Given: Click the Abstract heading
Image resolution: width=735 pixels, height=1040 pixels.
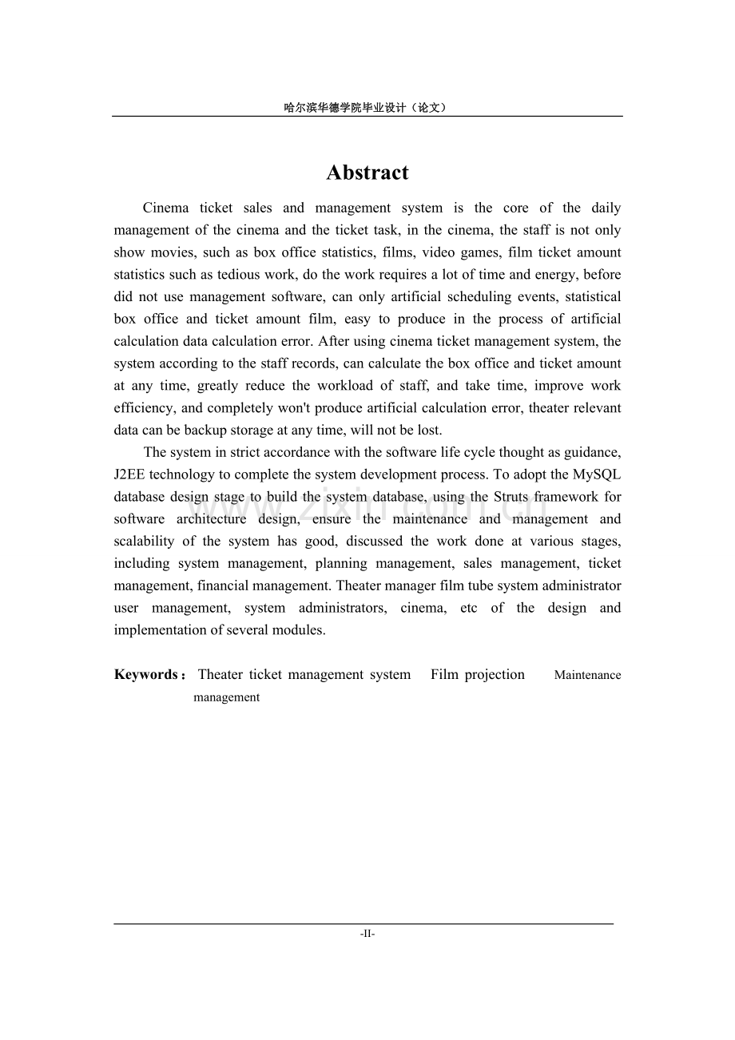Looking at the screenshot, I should coord(367,173).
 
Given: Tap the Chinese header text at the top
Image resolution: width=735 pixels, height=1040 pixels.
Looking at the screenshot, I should coord(367,107).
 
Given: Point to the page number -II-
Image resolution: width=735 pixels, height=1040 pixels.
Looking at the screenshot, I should coord(367,933).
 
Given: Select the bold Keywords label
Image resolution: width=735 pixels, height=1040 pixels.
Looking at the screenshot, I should coord(147,675).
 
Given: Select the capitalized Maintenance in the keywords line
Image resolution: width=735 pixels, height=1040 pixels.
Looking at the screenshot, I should coord(587,675).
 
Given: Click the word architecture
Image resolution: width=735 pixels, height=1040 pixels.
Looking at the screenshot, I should coord(212,519).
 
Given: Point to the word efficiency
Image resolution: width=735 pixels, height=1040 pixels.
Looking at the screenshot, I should coord(145,408).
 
